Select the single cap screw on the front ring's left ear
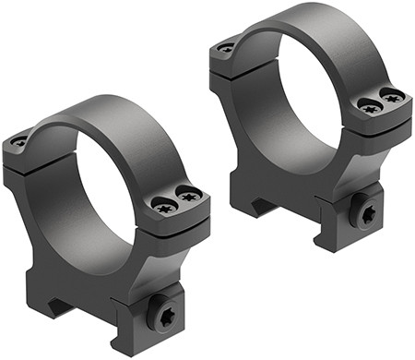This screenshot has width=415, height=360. [19, 141]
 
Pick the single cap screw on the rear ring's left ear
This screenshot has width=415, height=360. [226, 47]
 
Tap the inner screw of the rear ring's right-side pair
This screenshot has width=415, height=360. [369, 108]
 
